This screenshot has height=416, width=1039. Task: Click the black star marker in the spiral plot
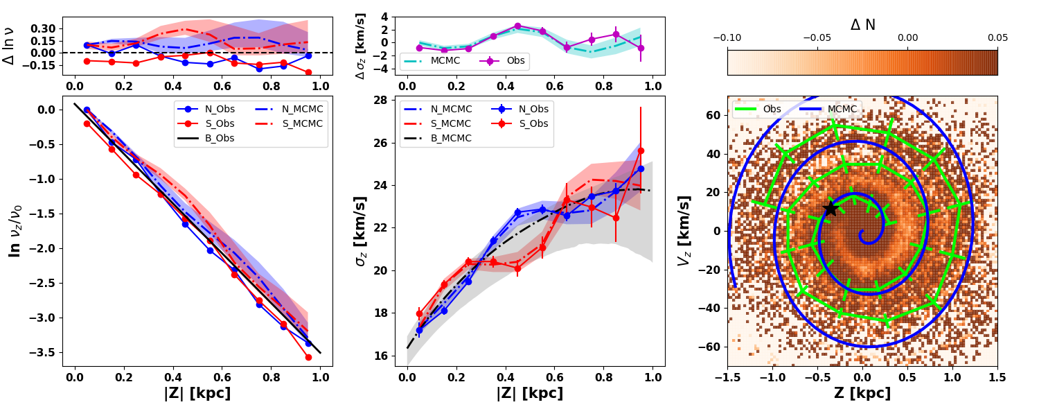(831, 208)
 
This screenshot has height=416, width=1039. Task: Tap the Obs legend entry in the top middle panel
(515, 61)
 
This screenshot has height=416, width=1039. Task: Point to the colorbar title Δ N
(862, 25)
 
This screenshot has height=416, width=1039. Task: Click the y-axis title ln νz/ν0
(15, 231)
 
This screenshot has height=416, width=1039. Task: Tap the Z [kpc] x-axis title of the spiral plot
(862, 394)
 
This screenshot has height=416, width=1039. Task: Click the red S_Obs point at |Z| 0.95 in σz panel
(641, 150)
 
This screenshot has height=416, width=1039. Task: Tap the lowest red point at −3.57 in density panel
(308, 357)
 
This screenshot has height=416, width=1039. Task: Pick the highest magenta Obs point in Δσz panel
(517, 26)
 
